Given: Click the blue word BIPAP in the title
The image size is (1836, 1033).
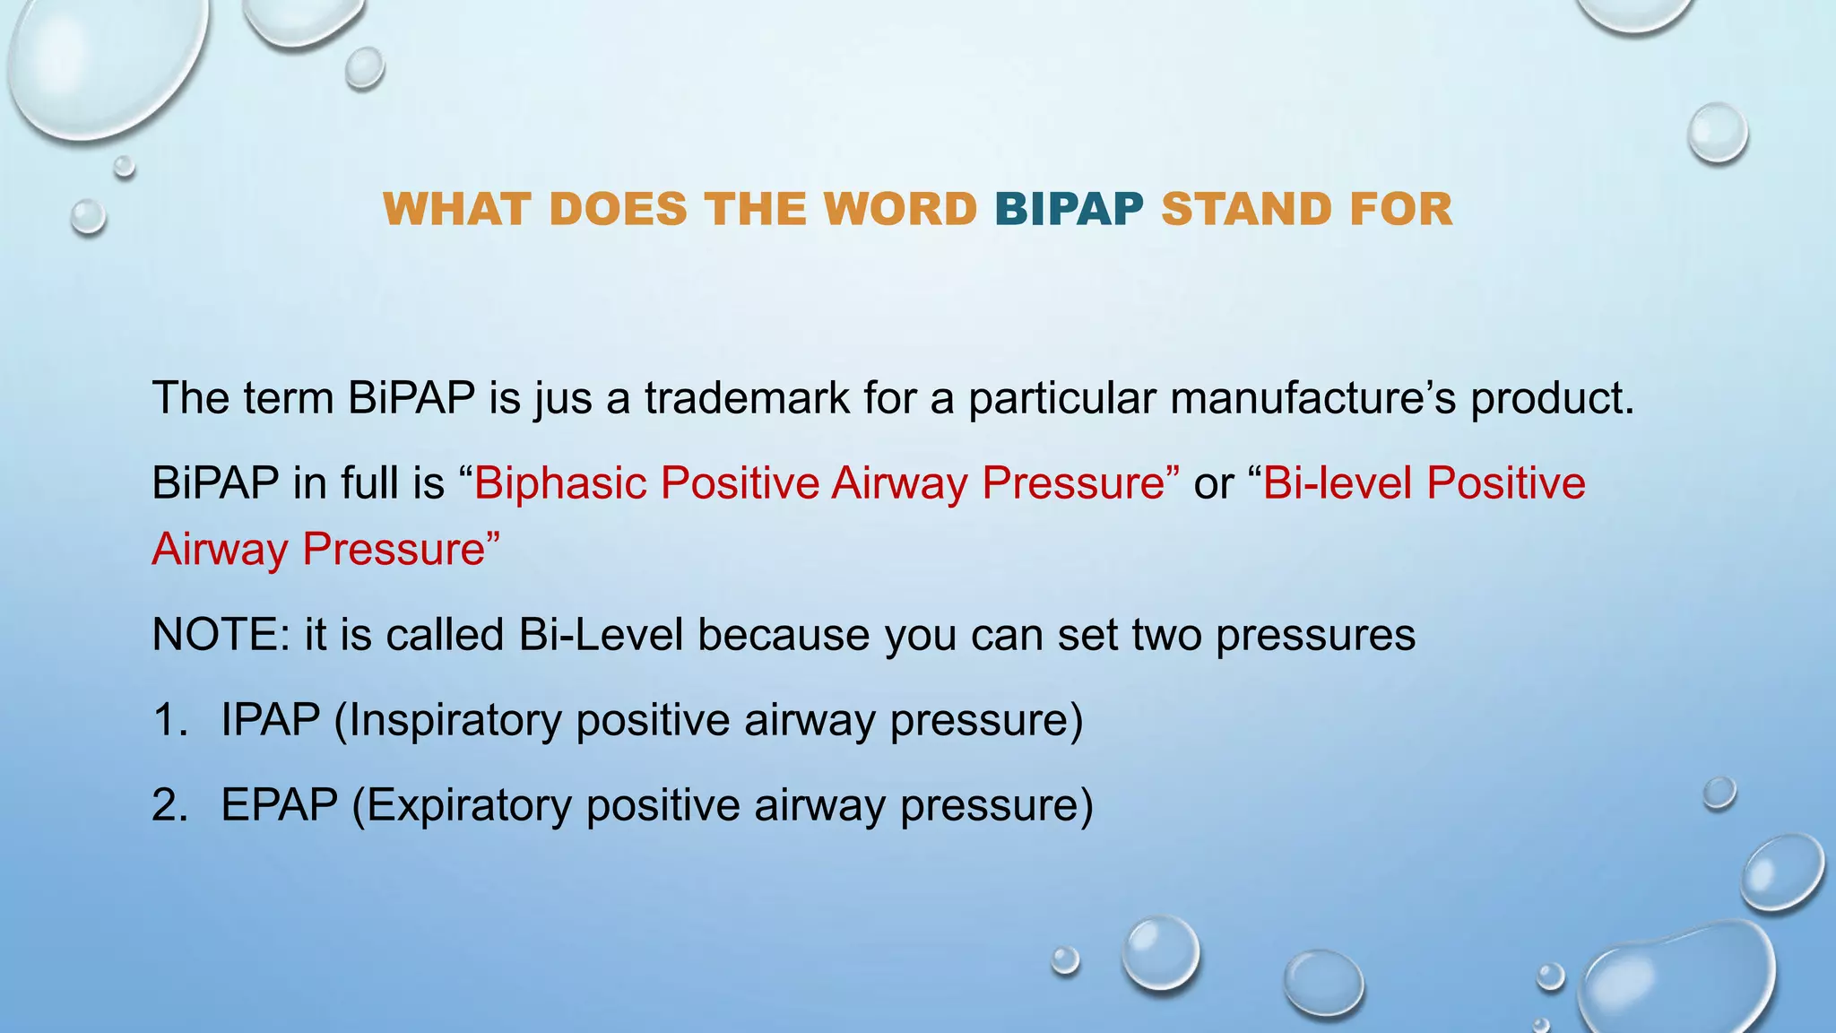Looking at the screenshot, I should [x=1069, y=210].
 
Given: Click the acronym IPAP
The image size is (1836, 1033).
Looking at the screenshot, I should [x=271, y=720].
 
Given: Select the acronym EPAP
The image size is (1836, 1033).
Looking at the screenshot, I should [x=280, y=805].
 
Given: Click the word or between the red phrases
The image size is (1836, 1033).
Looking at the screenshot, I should [x=1213, y=484].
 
